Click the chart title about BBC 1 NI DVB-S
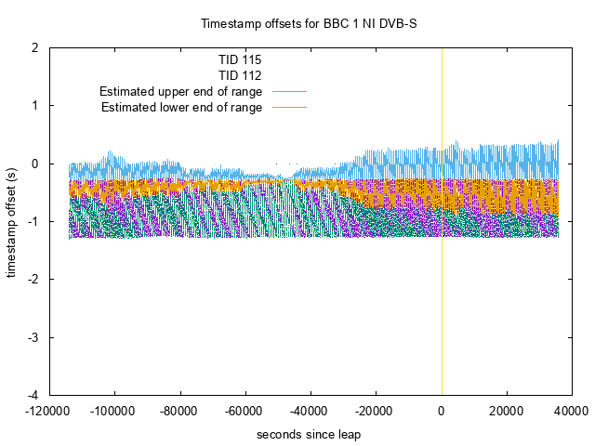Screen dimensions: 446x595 coord(297,21)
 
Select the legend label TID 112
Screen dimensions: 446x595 coord(239,74)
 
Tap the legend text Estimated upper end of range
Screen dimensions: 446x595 coord(180,91)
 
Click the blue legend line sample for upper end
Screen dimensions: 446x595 coord(287,91)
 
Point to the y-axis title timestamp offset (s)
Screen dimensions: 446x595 coord(12,220)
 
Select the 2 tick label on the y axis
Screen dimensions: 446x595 coord(34,47)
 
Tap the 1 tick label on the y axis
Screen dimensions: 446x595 coord(34,105)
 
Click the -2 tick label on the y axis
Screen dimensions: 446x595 coord(32,279)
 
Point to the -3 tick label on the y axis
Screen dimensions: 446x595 coord(32,336)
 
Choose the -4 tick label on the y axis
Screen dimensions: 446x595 coord(32,395)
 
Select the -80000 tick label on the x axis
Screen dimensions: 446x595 coord(179,411)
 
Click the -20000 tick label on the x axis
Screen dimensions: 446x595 coord(376,411)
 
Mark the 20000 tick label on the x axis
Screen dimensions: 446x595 coord(507,411)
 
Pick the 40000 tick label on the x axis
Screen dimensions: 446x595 coord(572,411)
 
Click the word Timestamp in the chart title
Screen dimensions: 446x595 coord(229,21)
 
